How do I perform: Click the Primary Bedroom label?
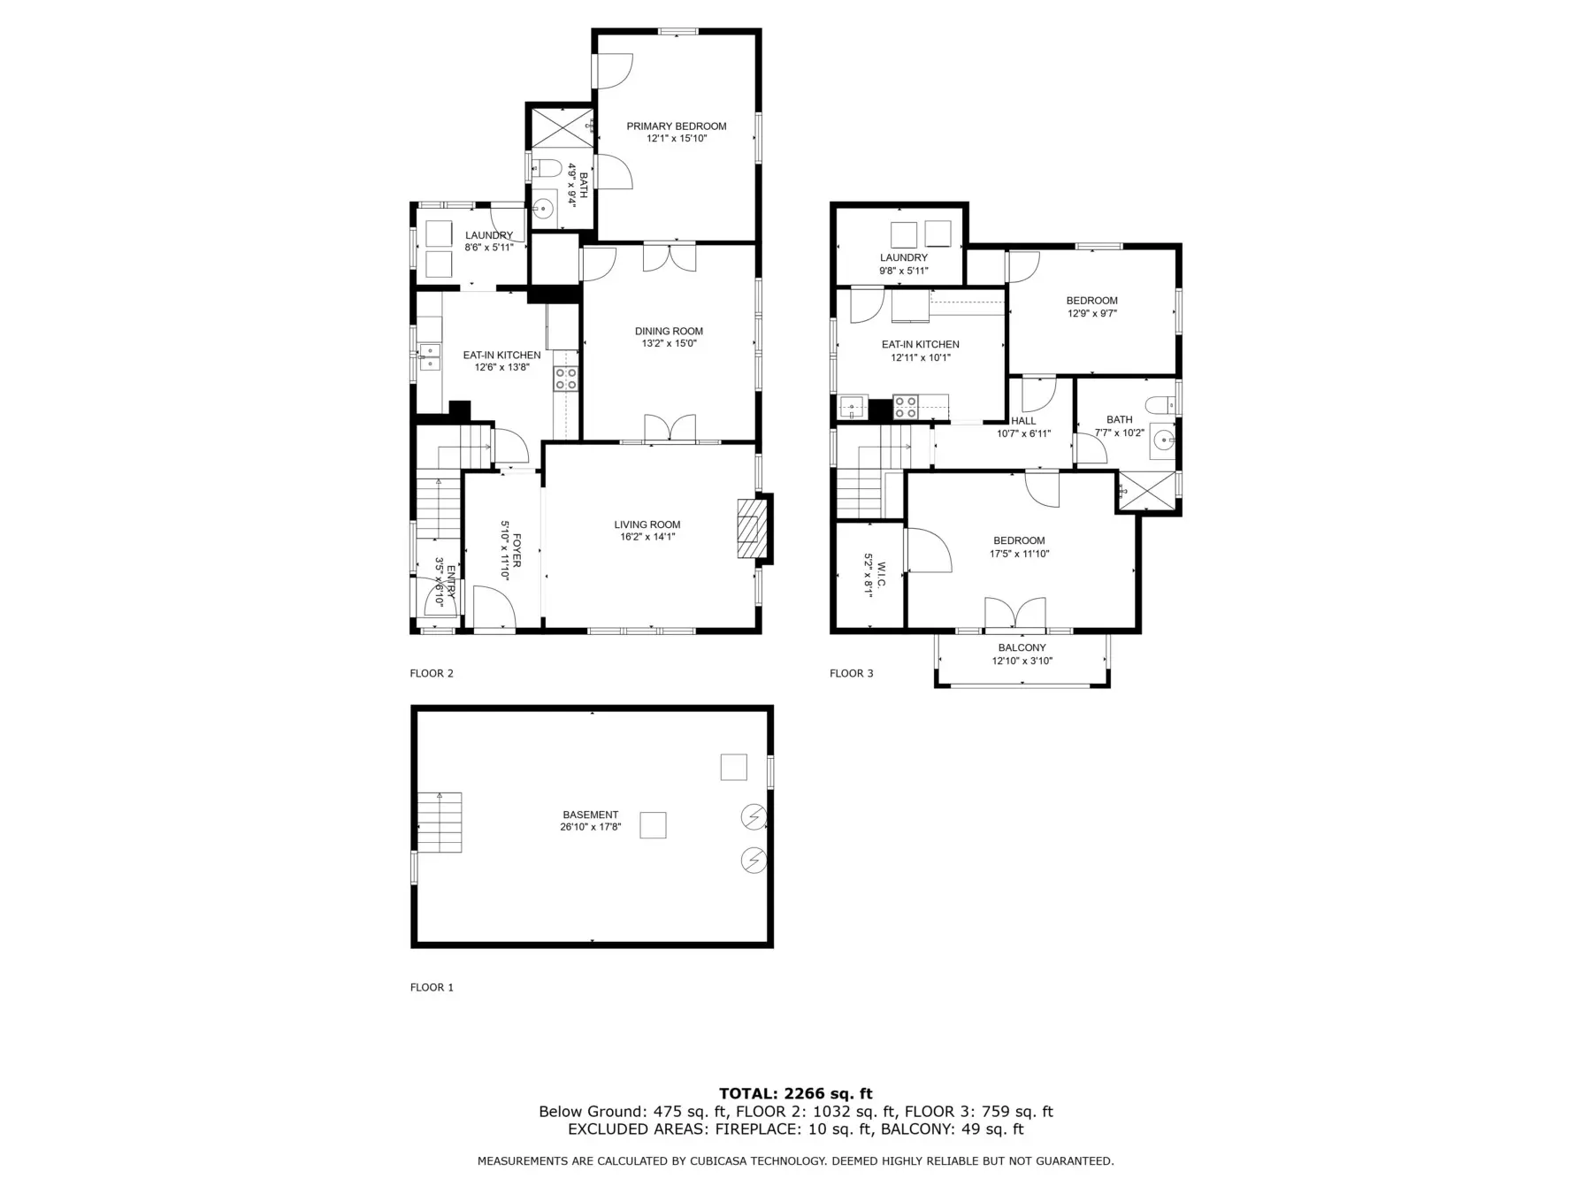[677, 126]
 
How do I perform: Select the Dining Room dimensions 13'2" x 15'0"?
[669, 343]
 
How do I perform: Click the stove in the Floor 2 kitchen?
[566, 379]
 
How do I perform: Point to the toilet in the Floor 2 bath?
[547, 168]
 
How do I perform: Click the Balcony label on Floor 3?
[1022, 648]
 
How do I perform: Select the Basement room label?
[591, 815]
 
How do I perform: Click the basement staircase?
[440, 823]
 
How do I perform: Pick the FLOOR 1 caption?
[432, 987]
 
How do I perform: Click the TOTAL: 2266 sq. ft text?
[796, 1094]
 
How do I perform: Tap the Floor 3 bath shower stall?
[1147, 491]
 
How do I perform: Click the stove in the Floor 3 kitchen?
[906, 407]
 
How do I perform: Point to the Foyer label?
[517, 550]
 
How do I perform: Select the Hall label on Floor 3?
[1023, 421]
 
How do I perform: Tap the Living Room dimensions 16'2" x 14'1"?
[647, 536]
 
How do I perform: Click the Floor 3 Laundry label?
[904, 258]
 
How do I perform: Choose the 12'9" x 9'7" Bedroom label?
[1092, 307]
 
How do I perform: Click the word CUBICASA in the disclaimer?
[720, 1161]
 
